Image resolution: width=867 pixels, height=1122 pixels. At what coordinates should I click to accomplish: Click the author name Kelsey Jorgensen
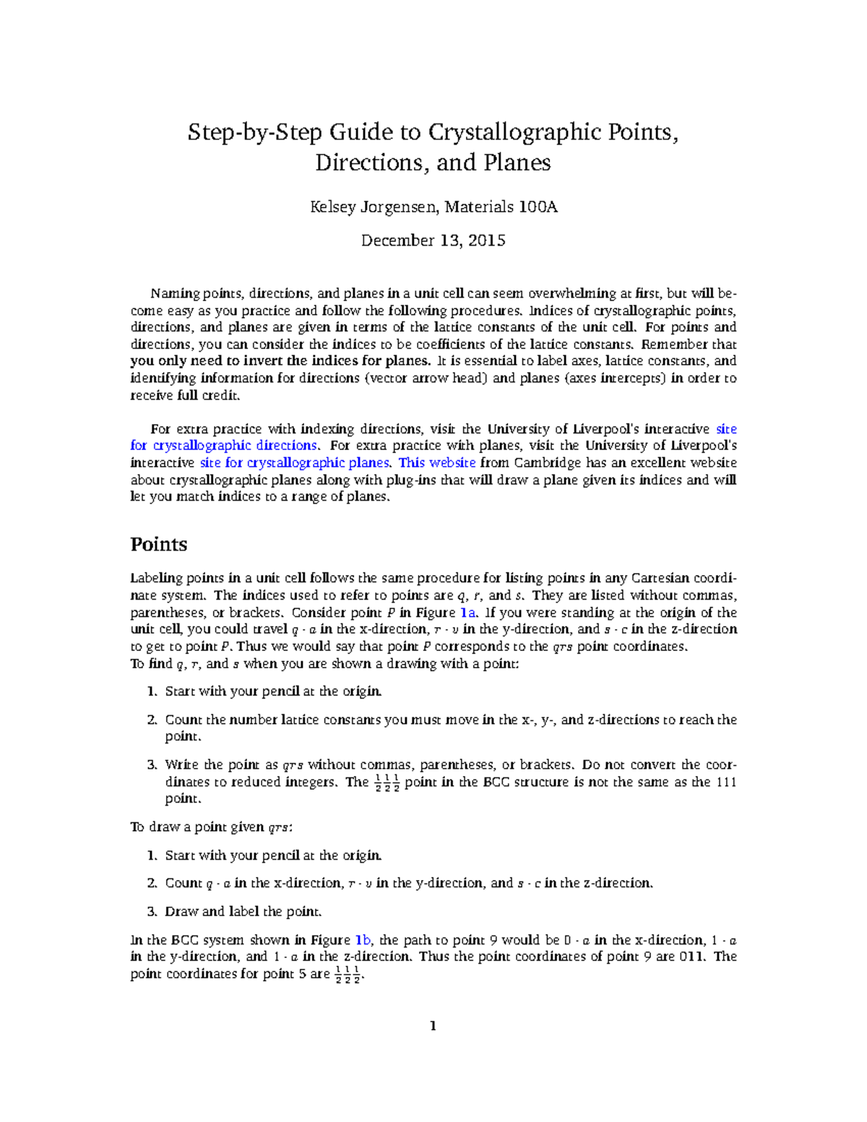pyautogui.click(x=373, y=207)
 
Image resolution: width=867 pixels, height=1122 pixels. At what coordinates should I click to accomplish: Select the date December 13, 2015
pyautogui.click(x=433, y=241)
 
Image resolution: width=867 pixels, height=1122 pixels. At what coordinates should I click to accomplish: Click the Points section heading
pyautogui.click(x=158, y=544)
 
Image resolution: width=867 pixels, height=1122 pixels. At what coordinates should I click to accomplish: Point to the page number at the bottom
pyautogui.click(x=433, y=1026)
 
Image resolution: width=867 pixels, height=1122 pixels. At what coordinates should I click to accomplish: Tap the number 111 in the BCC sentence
pyautogui.click(x=725, y=782)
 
